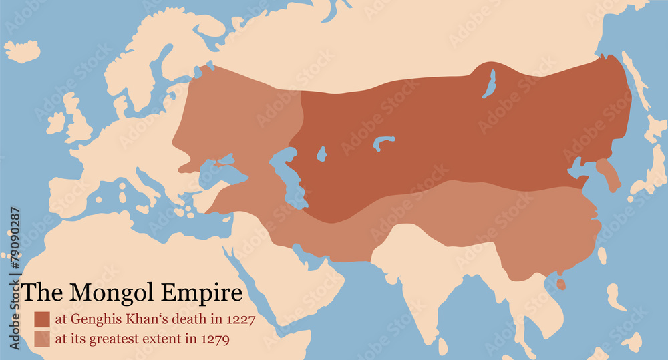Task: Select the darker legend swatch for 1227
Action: (42, 319)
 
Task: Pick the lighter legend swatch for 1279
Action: (42, 339)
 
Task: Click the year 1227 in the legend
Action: (240, 319)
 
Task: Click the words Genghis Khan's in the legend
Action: (110, 319)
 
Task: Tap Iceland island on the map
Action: (22, 51)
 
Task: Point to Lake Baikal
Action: (491, 83)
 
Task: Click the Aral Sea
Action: (321, 154)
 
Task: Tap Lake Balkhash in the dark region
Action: (384, 142)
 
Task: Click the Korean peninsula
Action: (609, 174)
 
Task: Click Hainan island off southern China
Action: (561, 285)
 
